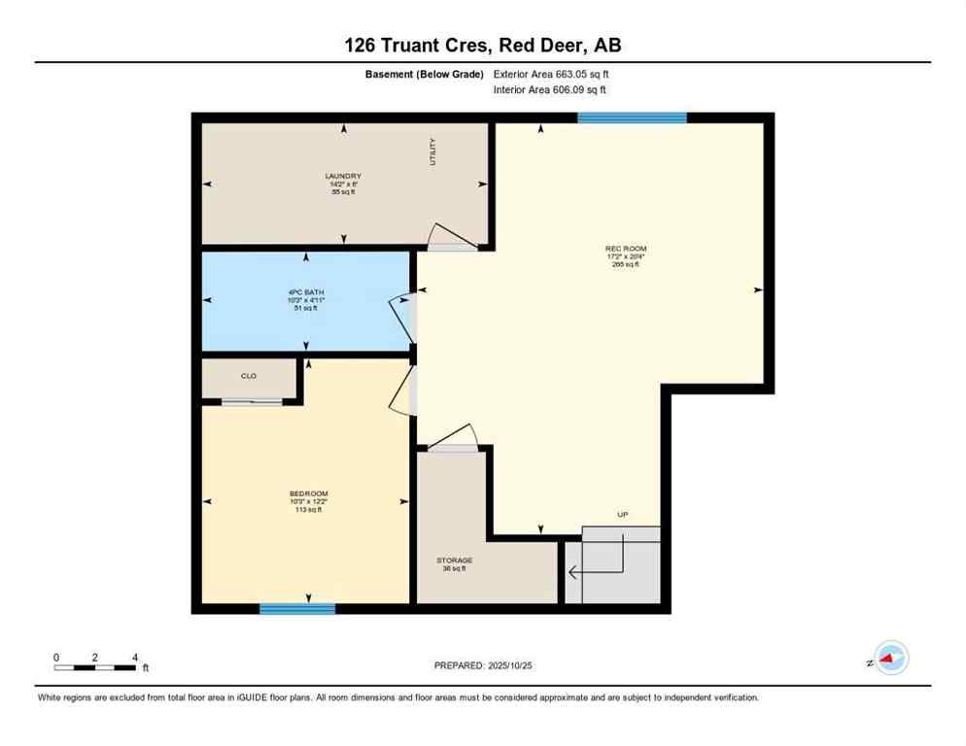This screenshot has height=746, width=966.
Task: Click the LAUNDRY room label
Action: click(343, 177)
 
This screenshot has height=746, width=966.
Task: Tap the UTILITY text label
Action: click(433, 153)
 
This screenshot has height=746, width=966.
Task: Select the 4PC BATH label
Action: click(307, 292)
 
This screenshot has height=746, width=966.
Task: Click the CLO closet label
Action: click(248, 375)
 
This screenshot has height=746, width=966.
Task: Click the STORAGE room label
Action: click(454, 560)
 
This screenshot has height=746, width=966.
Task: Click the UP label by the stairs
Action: click(623, 514)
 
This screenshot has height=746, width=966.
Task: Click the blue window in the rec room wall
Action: click(632, 118)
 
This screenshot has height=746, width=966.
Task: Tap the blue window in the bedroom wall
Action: click(297, 609)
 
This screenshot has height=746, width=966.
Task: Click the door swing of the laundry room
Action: click(450, 238)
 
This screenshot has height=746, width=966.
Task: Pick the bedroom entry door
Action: click(400, 396)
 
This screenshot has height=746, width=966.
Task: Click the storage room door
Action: click(455, 438)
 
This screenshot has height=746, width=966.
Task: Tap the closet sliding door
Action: click(252, 401)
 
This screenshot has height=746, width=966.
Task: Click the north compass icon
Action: click(889, 659)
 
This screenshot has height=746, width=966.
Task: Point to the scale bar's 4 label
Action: click(135, 657)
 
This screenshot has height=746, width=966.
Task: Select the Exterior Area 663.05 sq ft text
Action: click(551, 74)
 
